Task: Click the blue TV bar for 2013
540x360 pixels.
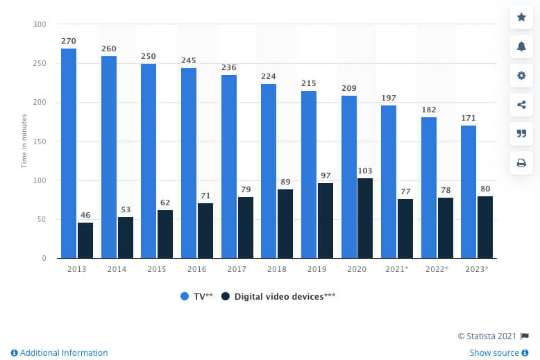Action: [x=69, y=153]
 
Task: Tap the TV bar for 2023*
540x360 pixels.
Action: [x=469, y=191]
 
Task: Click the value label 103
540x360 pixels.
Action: [x=365, y=171]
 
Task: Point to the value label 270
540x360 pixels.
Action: [x=69, y=41]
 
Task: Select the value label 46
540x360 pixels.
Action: [x=85, y=215]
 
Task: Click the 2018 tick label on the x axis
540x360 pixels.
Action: [x=277, y=269]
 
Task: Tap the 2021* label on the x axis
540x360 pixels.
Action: [x=397, y=269]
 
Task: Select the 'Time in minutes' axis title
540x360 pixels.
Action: [x=24, y=141]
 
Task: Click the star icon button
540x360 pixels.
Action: [x=521, y=17]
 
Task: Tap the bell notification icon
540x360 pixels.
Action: [x=521, y=46]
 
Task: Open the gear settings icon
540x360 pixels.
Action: [x=521, y=76]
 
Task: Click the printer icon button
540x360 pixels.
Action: [x=521, y=163]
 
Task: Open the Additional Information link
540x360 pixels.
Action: [x=59, y=353]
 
